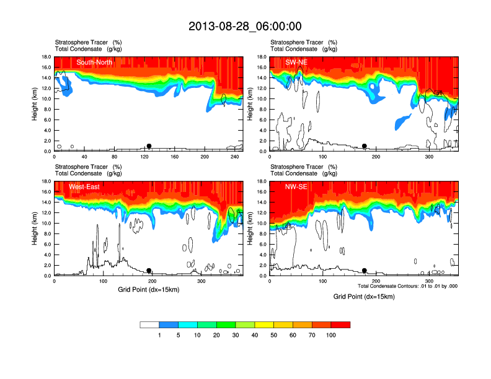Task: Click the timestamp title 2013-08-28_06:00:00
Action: [x=245, y=26]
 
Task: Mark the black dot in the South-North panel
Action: [x=149, y=146]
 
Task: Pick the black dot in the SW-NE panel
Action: [x=365, y=146]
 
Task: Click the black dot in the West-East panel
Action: [x=149, y=271]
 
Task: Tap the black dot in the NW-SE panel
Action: [x=365, y=271]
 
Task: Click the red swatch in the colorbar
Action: [x=340, y=325]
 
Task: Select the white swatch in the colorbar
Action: [x=149, y=325]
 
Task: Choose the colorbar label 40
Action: [x=255, y=335]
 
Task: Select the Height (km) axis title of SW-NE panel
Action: [x=250, y=104]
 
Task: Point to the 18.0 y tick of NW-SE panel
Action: [x=262, y=181]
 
